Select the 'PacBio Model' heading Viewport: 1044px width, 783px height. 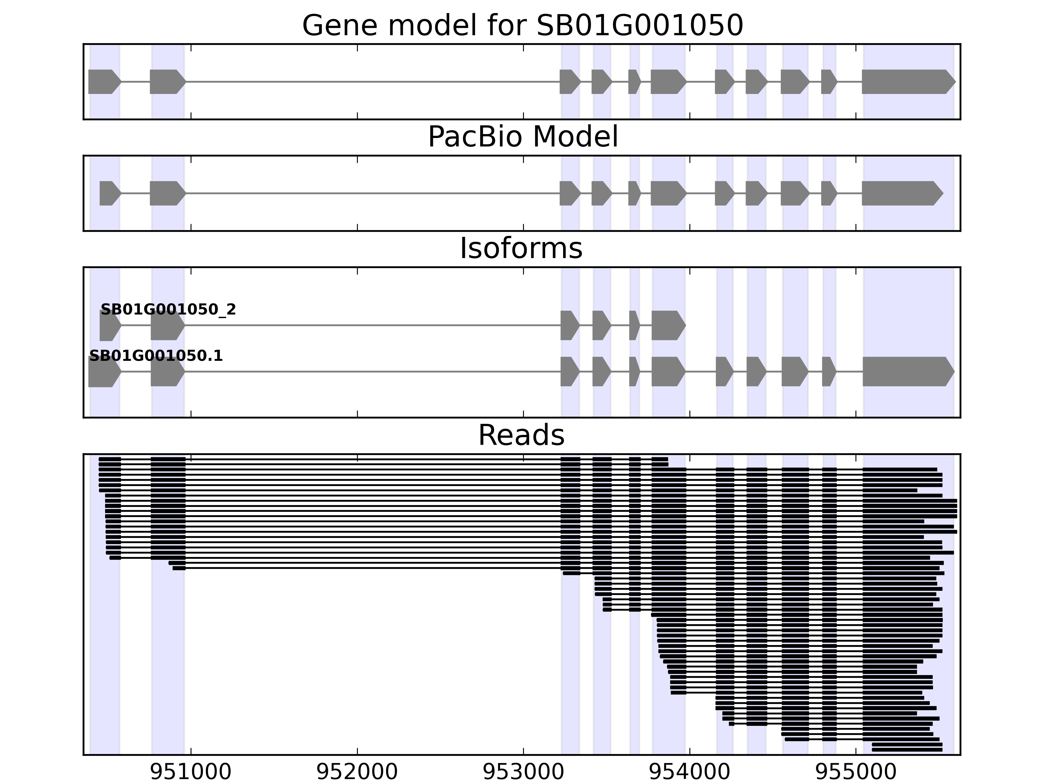pos(522,137)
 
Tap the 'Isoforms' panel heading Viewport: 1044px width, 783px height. pos(521,249)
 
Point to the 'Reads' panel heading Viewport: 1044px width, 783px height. pos(521,436)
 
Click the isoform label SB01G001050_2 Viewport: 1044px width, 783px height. pos(168,310)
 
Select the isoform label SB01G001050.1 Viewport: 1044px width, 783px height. pos(156,356)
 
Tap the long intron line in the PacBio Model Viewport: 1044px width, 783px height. pos(373,193)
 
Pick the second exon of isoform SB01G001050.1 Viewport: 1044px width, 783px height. pos(167,372)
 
